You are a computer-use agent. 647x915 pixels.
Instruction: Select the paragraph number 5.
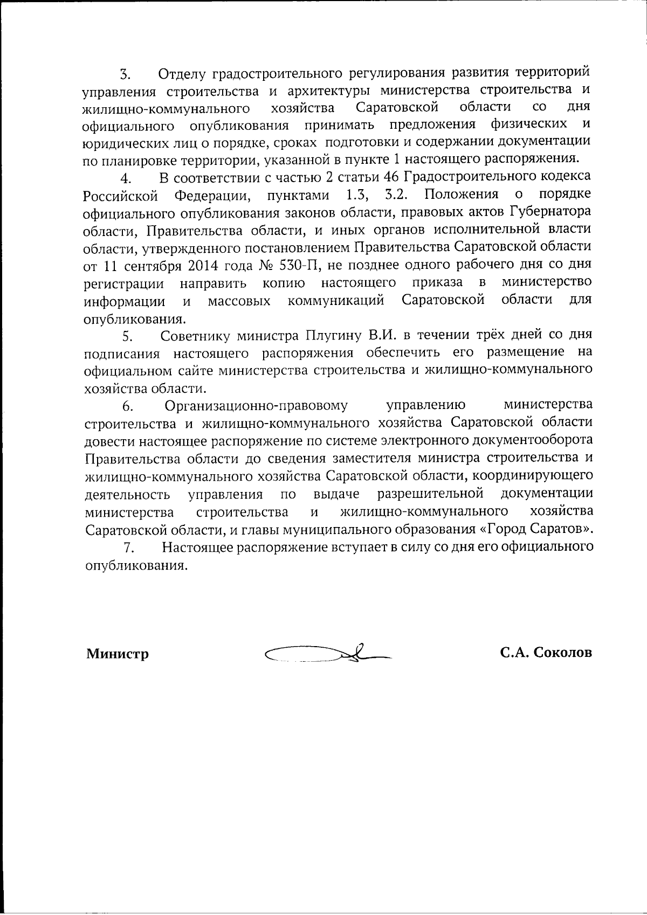click(x=127, y=337)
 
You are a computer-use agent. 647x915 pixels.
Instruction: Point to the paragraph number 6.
click(x=127, y=407)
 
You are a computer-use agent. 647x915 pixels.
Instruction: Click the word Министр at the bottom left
click(x=118, y=654)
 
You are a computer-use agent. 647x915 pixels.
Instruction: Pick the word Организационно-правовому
click(x=256, y=406)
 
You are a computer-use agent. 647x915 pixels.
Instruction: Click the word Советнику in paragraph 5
click(x=197, y=336)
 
